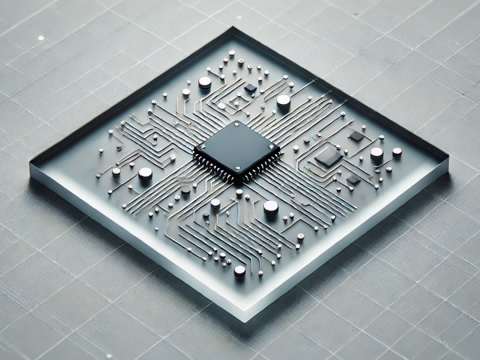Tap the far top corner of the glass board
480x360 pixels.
[234, 30]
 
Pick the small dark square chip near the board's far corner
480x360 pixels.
[250, 87]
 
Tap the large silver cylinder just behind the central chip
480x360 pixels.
[283, 102]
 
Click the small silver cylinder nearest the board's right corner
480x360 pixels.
[397, 151]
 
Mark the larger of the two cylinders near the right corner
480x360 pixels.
[376, 154]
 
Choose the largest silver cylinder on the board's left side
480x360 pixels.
[145, 174]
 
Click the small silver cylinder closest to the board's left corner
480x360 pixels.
[116, 172]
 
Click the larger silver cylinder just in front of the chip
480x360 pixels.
[270, 207]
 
